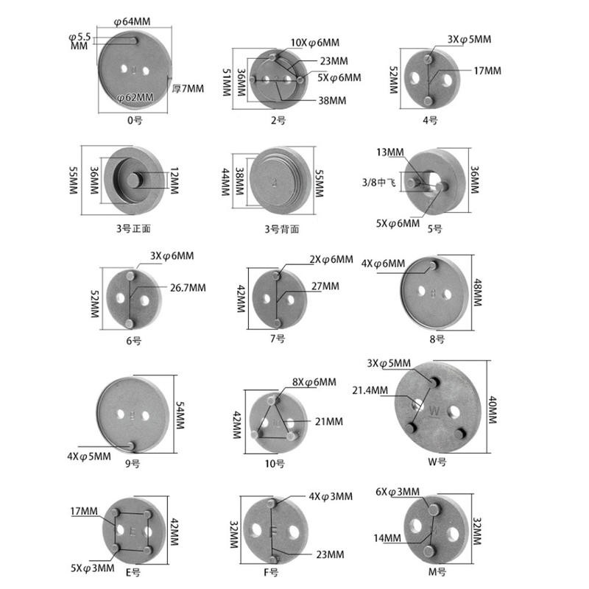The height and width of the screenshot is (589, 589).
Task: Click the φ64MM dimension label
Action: pos(132,22)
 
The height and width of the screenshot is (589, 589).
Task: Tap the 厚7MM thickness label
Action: pos(188,88)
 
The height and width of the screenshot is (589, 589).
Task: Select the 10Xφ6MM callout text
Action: pos(315,43)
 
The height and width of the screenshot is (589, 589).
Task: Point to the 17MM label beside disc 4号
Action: pos(487,71)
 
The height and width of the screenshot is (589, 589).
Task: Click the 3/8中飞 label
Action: pos(378,183)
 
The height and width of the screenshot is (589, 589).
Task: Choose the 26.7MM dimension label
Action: pos(188,288)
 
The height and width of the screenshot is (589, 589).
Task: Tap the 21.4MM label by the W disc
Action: pos(370,390)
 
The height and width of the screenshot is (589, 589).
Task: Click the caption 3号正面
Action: pos(133,228)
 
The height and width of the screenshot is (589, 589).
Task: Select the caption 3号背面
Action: pos(282,229)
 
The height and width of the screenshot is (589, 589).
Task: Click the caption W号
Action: pos(437,462)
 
